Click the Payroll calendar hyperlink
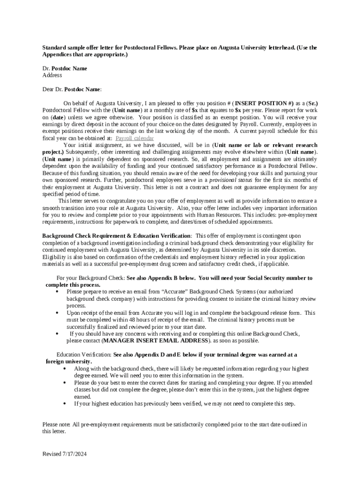[x=134, y=138]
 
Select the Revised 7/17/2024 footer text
[x=65, y=454]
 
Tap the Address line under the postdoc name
[x=52, y=75]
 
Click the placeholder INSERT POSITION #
[x=264, y=103]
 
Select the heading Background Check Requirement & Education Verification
[x=116, y=236]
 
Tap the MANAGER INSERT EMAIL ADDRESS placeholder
[x=155, y=341]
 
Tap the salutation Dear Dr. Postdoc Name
[x=72, y=89]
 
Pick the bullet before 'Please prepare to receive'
[x=57, y=291]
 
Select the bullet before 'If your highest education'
[x=64, y=403]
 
